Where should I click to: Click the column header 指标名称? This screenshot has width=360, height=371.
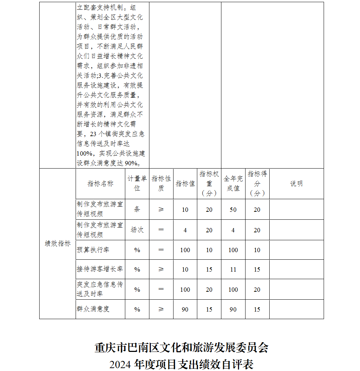[100, 184]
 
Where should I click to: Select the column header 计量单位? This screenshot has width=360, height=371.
[137, 184]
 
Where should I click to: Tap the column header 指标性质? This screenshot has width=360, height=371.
[161, 184]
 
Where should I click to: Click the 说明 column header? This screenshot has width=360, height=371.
[296, 184]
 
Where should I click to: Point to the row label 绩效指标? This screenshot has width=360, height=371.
[58, 243]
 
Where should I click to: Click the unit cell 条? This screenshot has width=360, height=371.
[137, 210]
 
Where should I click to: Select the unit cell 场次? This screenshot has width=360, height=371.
[137, 230]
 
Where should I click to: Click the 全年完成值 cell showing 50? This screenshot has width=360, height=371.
[233, 210]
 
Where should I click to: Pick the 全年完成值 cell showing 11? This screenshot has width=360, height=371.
[233, 269]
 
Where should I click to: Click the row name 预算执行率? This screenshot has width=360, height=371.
[93, 250]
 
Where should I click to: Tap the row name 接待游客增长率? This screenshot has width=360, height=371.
[100, 269]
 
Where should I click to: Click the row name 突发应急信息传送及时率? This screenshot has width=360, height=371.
[100, 289]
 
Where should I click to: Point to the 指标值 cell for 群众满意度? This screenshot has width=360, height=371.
[185, 309]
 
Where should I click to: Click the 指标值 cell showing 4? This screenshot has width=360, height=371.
[185, 230]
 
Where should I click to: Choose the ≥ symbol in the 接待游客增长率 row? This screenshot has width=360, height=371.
[161, 269]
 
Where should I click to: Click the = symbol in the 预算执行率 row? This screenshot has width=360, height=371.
[161, 250]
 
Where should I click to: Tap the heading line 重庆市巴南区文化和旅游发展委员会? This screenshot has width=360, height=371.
[181, 348]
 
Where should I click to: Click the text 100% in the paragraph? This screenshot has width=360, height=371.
[84, 153]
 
